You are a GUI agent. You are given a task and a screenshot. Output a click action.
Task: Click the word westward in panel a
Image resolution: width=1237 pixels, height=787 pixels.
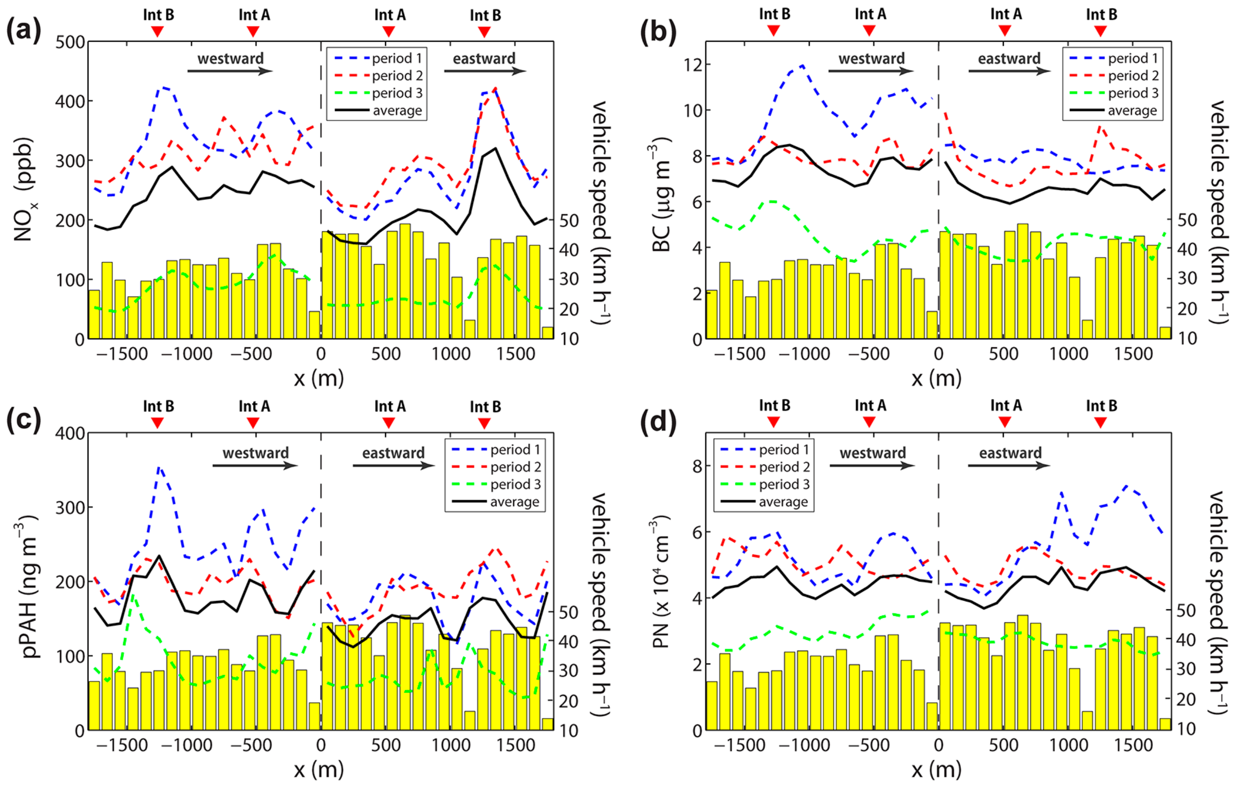pyautogui.click(x=230, y=59)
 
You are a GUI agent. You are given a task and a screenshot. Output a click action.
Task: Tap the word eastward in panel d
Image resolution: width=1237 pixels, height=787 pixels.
pyautogui.click(x=1010, y=452)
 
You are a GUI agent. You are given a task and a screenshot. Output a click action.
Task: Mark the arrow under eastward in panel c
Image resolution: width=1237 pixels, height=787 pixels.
pyautogui.click(x=393, y=465)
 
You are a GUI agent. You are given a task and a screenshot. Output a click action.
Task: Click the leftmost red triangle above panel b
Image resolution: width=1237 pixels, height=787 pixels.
pyautogui.click(x=774, y=31)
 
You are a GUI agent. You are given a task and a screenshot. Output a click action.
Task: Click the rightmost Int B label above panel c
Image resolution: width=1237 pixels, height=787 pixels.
pyautogui.click(x=485, y=406)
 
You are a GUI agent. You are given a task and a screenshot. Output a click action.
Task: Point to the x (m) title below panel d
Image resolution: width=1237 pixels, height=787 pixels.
pyautogui.click(x=936, y=769)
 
